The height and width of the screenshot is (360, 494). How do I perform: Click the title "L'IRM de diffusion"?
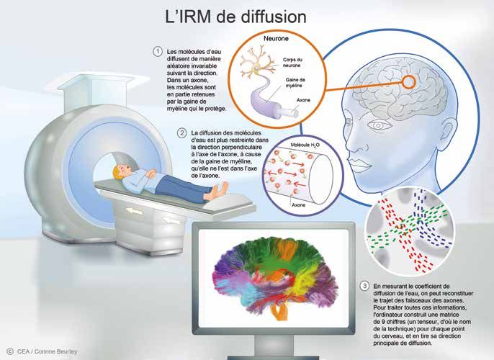pyautogui.click(x=235, y=17)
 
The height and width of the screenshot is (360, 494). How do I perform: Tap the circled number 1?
pyautogui.click(x=158, y=52)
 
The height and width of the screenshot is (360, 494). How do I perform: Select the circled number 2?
pyautogui.click(x=181, y=133)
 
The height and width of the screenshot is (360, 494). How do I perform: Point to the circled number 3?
pyautogui.click(x=364, y=286)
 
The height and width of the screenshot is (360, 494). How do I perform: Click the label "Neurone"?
pyautogui.click(x=276, y=39)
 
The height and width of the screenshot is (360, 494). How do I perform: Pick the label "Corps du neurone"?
pyautogui.click(x=292, y=63)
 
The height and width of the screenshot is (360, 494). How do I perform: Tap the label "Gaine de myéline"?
pyautogui.click(x=295, y=83)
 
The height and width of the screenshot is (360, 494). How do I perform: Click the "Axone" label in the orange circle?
pyautogui.click(x=303, y=100)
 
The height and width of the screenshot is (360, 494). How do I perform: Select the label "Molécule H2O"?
pyautogui.click(x=305, y=145)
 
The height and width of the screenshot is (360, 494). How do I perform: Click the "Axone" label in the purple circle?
pyautogui.click(x=298, y=205)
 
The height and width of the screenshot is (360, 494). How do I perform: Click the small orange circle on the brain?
pyautogui.click(x=408, y=82)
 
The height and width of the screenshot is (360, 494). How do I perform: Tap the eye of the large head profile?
pyautogui.click(x=379, y=125)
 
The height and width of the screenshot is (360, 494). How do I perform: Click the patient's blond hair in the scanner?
pyautogui.click(x=120, y=171)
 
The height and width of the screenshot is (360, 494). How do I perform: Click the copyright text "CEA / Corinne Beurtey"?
pyautogui.click(x=47, y=351)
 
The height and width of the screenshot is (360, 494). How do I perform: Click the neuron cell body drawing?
pyautogui.click(x=257, y=68)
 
